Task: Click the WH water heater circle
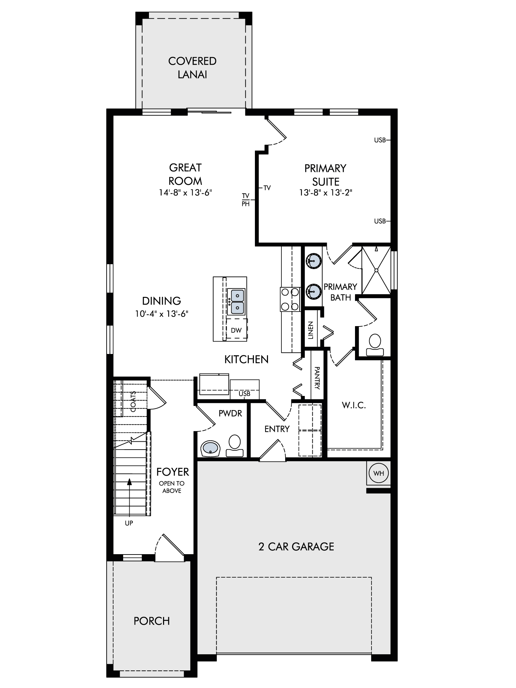tap(379, 473)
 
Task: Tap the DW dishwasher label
tap(236, 331)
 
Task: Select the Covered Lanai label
tap(192, 68)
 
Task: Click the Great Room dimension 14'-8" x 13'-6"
tap(185, 193)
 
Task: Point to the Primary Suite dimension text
tap(325, 193)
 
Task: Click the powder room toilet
tap(234, 446)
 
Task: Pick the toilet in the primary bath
tap(375, 345)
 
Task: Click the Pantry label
tap(317, 378)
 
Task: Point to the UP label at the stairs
tap(129, 523)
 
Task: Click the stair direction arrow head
tap(129, 482)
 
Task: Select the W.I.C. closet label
tap(354, 405)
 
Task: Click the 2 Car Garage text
tap(296, 547)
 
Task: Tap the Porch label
tap(152, 621)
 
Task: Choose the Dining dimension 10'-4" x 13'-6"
tap(162, 314)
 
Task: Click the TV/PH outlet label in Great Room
tap(246, 200)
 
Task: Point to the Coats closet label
tap(133, 401)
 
